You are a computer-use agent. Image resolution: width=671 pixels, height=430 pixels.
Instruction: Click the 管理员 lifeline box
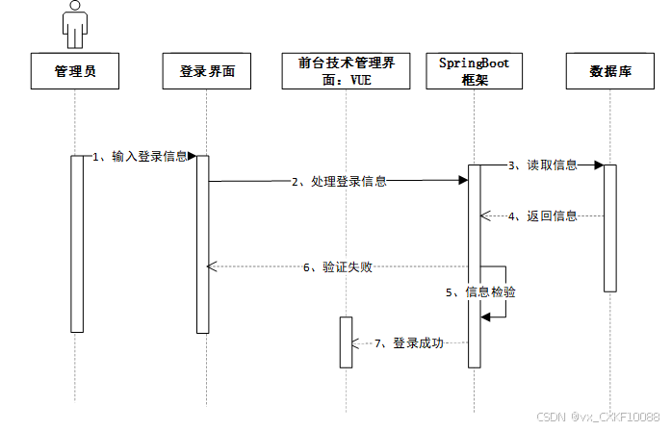coord(75,71)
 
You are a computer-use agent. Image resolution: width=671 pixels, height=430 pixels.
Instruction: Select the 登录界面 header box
coord(207,71)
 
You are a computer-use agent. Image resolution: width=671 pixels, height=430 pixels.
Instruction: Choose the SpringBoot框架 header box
coord(474,71)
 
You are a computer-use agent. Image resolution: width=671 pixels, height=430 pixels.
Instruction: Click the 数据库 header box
coord(610,71)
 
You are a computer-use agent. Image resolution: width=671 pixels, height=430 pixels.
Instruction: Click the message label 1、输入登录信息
coord(140,156)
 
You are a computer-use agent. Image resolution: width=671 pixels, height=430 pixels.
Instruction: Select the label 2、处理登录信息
coord(339,180)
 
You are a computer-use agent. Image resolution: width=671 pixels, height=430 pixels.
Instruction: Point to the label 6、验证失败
coord(338,267)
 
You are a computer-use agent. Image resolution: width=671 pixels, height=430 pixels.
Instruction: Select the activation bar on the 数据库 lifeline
coord(610,227)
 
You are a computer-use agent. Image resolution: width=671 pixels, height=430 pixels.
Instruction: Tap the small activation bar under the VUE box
coord(346,341)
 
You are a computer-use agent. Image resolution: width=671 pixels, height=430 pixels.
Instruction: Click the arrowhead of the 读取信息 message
coord(598,165)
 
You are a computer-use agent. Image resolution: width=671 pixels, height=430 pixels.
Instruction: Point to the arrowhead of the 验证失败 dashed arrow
coord(213,266)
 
